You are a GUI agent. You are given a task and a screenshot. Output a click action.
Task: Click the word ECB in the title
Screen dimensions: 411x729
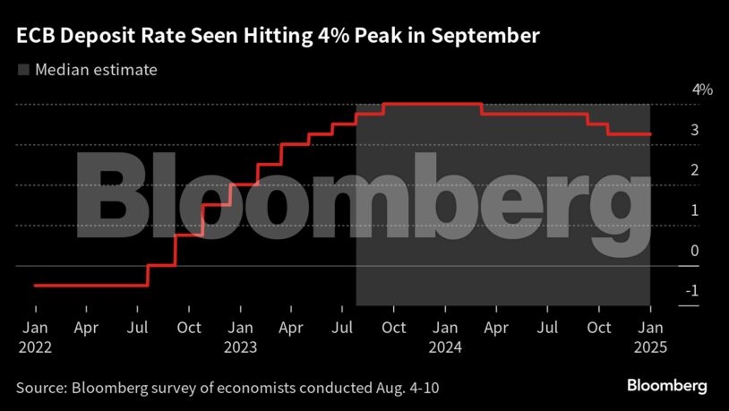coord(33,36)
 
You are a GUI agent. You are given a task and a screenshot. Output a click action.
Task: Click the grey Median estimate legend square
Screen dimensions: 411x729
coord(22,70)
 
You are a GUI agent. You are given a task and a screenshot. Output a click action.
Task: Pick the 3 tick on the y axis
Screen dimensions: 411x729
coord(694,130)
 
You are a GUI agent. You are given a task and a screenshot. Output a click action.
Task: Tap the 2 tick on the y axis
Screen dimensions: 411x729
coord(694,170)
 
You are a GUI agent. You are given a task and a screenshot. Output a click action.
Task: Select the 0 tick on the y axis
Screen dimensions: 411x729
coord(694,251)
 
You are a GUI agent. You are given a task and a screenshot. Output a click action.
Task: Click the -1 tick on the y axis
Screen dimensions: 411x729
coord(691,291)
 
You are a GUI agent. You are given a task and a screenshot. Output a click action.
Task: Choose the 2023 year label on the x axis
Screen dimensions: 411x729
coord(241,347)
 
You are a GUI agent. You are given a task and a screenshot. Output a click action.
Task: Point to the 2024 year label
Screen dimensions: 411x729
coord(445,347)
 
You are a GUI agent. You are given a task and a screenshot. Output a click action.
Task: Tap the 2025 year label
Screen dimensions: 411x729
coord(650,347)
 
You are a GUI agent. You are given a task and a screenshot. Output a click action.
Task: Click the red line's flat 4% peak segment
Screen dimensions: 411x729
coord(433,104)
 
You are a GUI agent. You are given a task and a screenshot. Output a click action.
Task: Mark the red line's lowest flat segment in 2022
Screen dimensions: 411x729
coord(90,285)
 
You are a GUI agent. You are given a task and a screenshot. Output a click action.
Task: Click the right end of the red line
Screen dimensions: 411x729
coord(649,134)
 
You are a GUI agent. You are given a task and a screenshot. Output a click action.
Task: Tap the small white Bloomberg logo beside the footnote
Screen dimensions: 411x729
coord(666,386)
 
